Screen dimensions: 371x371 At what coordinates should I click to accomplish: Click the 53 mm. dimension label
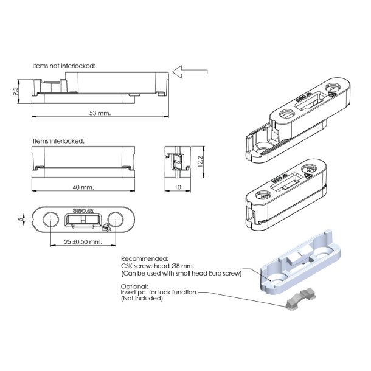click(x=100, y=113)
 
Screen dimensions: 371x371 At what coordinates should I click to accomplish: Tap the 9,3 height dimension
click(x=15, y=91)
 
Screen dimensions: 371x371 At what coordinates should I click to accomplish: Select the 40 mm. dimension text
click(x=83, y=187)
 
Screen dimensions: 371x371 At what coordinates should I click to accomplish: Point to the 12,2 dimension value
click(x=200, y=162)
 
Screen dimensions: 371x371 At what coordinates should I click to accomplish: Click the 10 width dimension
click(x=178, y=187)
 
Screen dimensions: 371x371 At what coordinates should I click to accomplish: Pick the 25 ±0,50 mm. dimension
click(x=83, y=242)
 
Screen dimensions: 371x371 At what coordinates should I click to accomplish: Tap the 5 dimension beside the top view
click(x=21, y=219)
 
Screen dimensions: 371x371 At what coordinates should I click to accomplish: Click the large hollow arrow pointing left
click(x=190, y=72)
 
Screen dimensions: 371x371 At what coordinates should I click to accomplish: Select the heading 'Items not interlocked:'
click(x=64, y=66)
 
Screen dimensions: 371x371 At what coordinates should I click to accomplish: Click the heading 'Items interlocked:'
click(x=58, y=141)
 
